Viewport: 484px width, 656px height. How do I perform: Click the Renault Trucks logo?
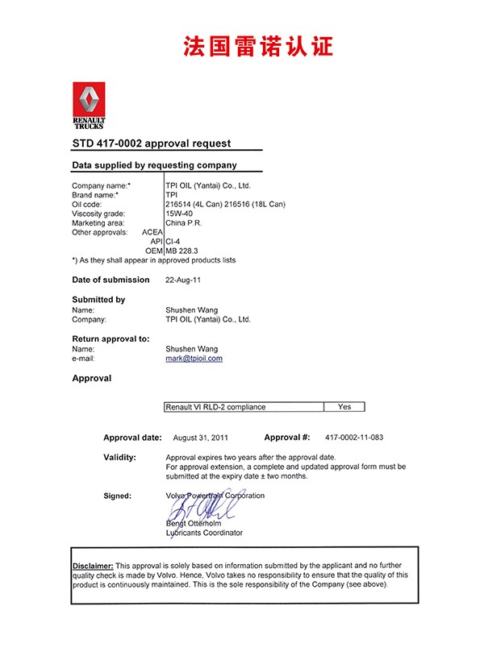[89, 105]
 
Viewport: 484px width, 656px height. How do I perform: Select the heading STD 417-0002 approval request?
[152, 143]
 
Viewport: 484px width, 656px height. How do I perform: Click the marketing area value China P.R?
[184, 222]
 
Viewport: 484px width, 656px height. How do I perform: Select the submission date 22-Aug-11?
[182, 280]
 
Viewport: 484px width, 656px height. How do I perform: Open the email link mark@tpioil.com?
[194, 358]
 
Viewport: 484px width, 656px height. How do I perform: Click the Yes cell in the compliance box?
[344, 407]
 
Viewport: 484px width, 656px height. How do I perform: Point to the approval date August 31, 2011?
[201, 438]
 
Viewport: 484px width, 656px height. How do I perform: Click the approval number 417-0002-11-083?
[354, 438]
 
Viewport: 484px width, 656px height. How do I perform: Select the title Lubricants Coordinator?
[203, 533]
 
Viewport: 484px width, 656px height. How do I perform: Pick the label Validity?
[119, 457]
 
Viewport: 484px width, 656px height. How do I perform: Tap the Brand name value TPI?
[172, 195]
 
